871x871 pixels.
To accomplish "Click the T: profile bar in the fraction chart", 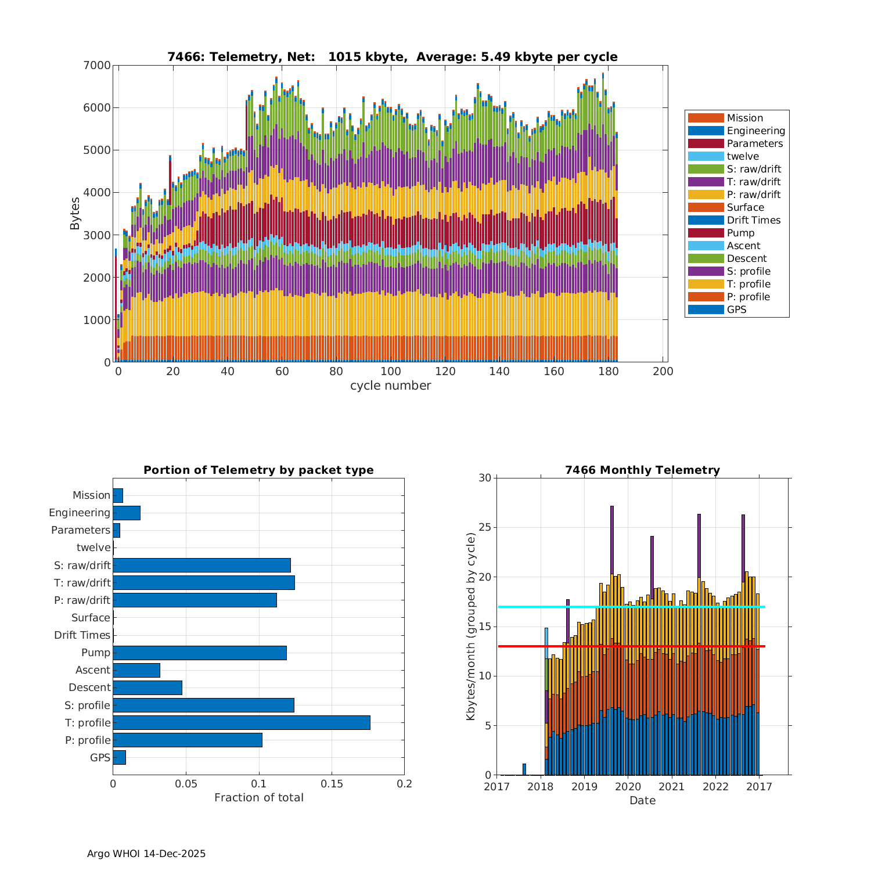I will [241, 722].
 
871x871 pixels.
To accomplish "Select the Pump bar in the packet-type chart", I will [199, 653].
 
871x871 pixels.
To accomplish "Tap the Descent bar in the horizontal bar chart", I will [147, 688].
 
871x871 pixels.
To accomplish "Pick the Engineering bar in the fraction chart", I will [126, 513].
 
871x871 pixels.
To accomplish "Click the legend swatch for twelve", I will [706, 156].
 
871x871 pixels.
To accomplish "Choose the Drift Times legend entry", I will [753, 220].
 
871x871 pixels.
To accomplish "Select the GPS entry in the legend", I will [736, 309].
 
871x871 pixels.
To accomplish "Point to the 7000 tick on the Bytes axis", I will [99, 65].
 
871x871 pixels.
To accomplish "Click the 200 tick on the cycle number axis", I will [663, 372].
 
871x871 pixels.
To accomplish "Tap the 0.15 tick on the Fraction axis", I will [332, 784].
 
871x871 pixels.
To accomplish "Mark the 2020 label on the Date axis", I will [628, 787].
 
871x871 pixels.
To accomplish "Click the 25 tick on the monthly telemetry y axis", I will [484, 528].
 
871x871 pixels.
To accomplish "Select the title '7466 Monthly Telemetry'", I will [642, 470].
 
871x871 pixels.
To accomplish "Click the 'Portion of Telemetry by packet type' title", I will [258, 470].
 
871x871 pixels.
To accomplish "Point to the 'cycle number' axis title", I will [390, 386].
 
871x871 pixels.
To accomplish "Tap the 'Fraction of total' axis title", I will [258, 798].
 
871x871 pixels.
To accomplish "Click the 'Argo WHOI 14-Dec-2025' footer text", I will [146, 854].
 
